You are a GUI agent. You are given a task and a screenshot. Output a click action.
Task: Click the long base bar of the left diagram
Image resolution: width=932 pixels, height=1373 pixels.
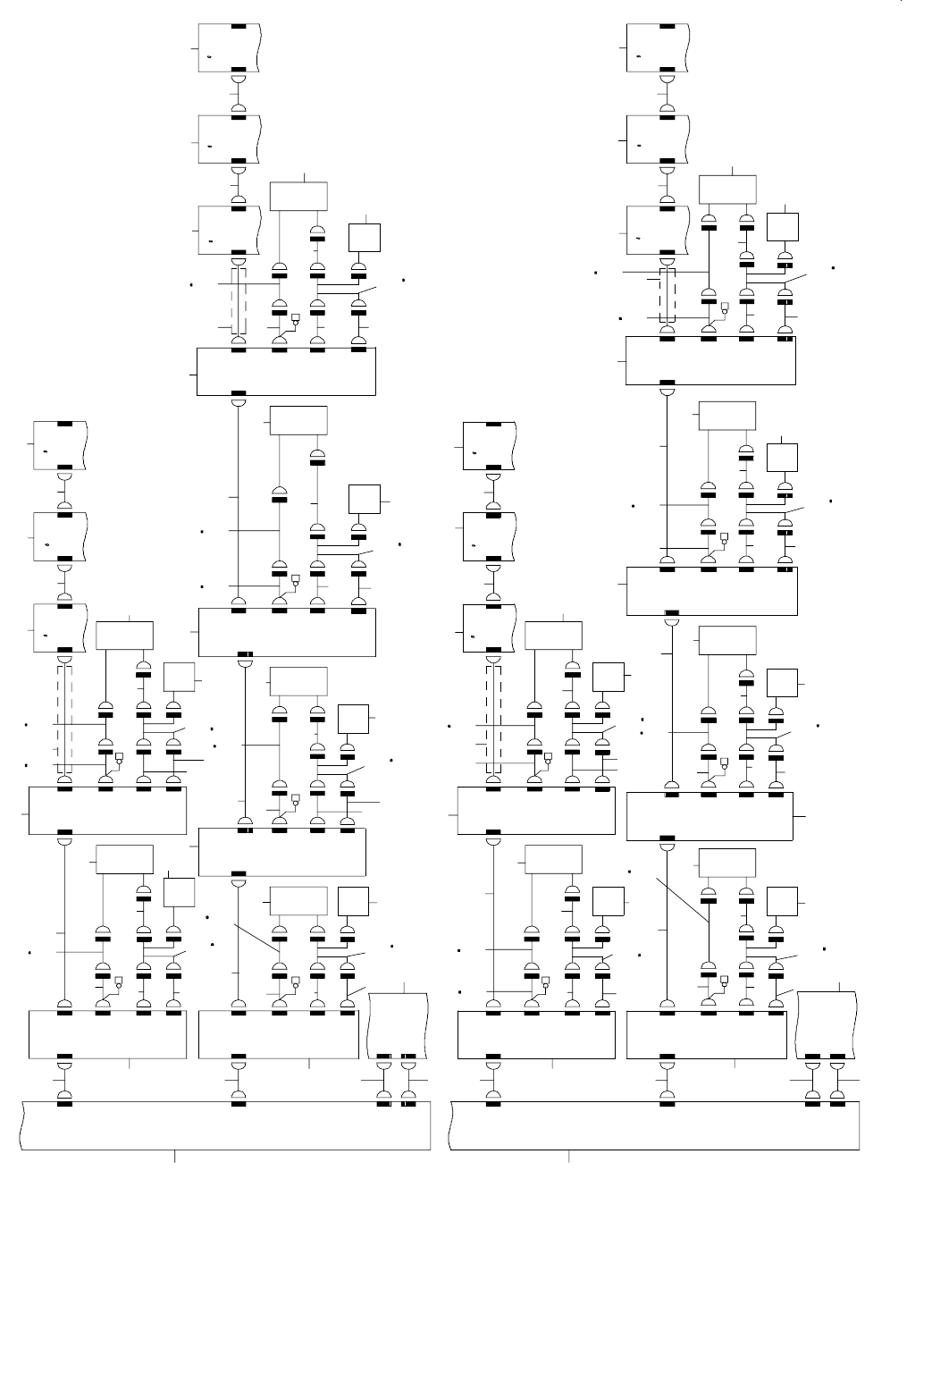tap(223, 1125)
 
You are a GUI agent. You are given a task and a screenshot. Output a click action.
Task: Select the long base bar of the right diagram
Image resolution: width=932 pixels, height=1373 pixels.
tap(654, 1125)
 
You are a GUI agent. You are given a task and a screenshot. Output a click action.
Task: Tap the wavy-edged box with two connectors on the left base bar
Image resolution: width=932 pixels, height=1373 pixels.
tap(397, 1024)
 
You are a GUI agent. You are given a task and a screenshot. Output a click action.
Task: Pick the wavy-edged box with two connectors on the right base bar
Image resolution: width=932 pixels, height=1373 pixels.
tap(826, 1024)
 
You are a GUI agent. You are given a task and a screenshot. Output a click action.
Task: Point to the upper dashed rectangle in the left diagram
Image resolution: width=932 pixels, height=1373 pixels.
tap(238, 299)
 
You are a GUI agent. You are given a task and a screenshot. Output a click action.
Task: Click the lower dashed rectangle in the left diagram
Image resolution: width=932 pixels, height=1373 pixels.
tap(64, 720)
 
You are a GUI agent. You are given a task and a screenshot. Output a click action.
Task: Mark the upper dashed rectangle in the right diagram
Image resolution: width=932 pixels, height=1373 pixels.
tap(667, 296)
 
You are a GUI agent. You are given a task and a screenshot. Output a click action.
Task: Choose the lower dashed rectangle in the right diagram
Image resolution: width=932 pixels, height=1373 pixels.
tap(493, 720)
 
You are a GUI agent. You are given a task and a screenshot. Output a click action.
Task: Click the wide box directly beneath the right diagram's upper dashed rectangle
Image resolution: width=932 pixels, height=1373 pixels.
tap(710, 360)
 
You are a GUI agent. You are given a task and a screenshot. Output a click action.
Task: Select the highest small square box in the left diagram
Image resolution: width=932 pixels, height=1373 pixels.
tap(365, 237)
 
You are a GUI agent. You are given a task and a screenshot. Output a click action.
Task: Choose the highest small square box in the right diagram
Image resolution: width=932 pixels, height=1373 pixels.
tap(783, 227)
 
